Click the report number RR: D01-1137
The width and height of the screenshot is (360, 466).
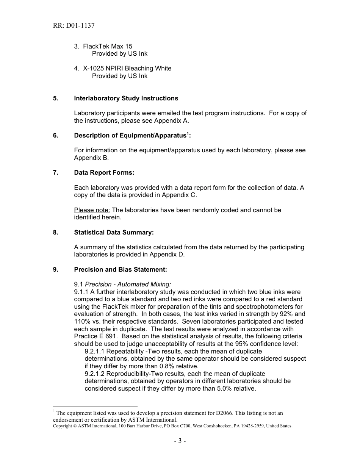pos(74,26)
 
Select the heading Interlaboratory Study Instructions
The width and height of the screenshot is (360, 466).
pos(126,99)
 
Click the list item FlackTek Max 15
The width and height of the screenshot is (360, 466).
pos(108,47)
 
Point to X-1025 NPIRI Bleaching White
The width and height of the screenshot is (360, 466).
pos(127,69)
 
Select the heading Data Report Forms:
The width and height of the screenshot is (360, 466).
pos(104,173)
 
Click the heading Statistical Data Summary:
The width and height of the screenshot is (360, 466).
pos(114,232)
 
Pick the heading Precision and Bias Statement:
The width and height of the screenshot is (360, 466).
pos(121,270)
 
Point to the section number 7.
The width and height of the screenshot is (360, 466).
pos(56,173)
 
